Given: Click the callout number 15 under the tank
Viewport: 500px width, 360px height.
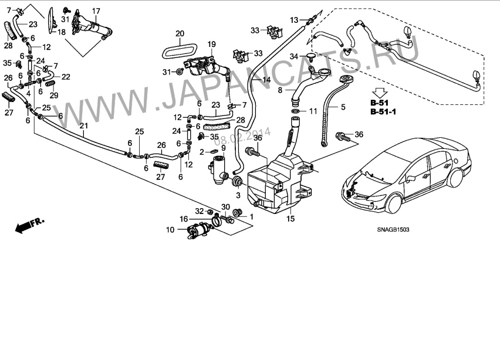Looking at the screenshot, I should coord(290,219).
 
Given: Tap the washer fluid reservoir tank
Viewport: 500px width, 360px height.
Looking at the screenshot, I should coord(276,182).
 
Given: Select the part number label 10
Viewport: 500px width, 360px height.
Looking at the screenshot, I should coord(170,230).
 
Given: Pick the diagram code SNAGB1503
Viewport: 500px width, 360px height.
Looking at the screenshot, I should coord(393,230).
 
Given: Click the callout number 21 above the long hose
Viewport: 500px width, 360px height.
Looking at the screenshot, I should coord(83,126).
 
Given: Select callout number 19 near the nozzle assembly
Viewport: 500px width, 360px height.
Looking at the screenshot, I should coord(211,44).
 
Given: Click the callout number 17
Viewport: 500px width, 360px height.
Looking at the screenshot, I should coord(96,11).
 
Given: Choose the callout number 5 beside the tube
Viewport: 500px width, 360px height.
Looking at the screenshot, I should coord(343,107).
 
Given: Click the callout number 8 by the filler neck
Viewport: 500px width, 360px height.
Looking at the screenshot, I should coord(280,90).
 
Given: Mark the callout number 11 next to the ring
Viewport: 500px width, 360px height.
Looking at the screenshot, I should coord(313,110).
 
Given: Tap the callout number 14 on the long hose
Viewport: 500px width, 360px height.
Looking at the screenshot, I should coord(266,79).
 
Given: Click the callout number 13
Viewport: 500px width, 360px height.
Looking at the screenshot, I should coord(294,20).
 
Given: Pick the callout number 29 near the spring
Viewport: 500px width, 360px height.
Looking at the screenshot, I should coord(53,96).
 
